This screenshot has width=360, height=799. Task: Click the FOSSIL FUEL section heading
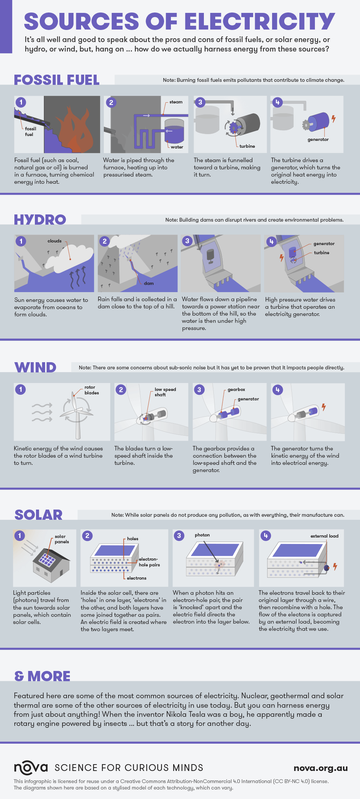(57, 80)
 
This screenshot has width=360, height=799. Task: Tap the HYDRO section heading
(40, 220)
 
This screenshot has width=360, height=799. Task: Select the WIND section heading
(35, 367)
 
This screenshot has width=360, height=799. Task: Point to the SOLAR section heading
(38, 515)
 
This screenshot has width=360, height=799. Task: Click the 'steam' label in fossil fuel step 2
(176, 102)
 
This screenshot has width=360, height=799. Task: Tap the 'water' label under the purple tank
(177, 147)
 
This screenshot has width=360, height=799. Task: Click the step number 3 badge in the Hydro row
(187, 241)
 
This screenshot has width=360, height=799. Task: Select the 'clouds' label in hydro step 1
(55, 241)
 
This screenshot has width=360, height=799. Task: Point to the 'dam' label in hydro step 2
(149, 283)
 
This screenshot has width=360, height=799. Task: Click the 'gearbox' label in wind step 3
(236, 389)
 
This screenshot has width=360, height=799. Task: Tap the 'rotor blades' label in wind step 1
(91, 390)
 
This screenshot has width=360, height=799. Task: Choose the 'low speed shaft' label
(165, 392)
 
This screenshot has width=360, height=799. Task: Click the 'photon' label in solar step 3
(202, 535)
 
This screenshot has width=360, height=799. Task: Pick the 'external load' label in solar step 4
(324, 536)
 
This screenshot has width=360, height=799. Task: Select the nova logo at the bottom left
(31, 768)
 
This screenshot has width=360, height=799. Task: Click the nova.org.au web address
(321, 768)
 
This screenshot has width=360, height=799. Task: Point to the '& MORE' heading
(42, 676)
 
